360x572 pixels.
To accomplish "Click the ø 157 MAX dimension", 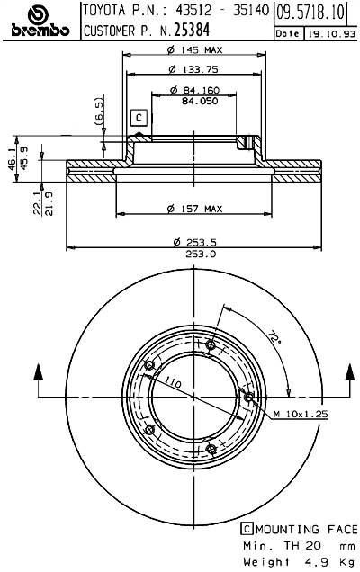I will pos(194,210).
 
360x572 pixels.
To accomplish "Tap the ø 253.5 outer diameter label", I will pos(194,242).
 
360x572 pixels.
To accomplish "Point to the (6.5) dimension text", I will pos(98,112).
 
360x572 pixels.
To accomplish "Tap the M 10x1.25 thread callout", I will pos(300,413).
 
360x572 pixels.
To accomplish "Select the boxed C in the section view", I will pos(139,117).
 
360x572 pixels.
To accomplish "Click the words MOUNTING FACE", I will pos(302,530).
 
